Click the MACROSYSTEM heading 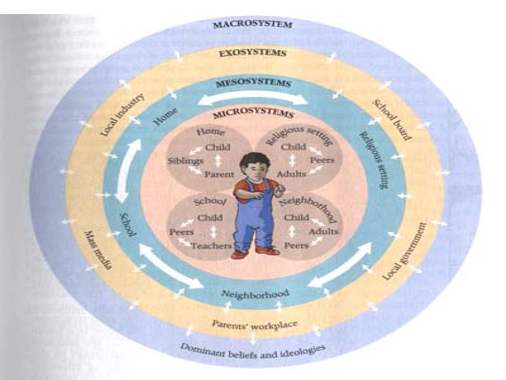(x=253, y=24)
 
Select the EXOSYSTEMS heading (x=253, y=52)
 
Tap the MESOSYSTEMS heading (x=253, y=83)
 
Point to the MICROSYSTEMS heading (x=253, y=114)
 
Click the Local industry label (x=123, y=115)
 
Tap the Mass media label (x=98, y=250)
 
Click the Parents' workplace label (x=254, y=325)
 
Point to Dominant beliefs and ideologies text (x=253, y=350)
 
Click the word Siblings (x=185, y=161)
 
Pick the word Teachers (x=211, y=245)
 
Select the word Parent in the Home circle (x=219, y=174)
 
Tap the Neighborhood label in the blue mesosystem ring (x=254, y=293)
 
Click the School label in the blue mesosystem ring (x=127, y=224)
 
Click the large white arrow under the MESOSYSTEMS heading (x=253, y=98)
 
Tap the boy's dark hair (x=255, y=159)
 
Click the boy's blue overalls (x=254, y=218)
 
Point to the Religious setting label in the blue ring (x=374, y=160)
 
